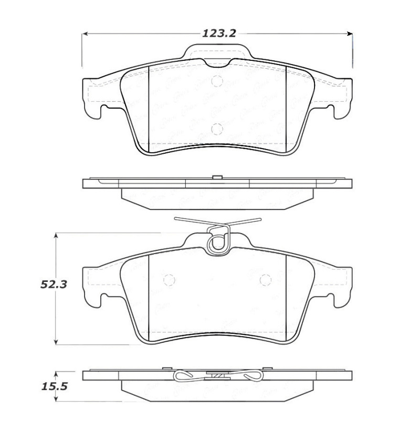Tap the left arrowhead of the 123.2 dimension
[85, 34]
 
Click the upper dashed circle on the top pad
[217, 80]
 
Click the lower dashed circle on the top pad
[217, 129]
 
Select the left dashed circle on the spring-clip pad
[169, 280]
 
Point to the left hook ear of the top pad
[101, 112]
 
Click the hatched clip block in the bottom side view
[216, 375]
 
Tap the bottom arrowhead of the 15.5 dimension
[56, 399]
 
